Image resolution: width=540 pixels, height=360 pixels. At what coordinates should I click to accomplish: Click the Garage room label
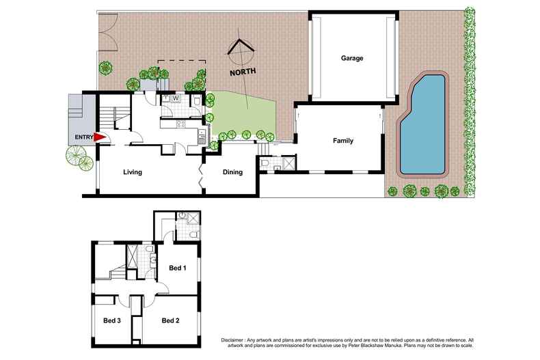click(351, 58)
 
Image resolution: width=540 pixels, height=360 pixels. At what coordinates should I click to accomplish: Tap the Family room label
click(342, 141)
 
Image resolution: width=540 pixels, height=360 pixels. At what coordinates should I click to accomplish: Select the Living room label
click(132, 172)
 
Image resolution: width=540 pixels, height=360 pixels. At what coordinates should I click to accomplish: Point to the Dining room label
click(232, 172)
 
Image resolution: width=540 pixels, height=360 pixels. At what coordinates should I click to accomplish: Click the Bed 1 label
click(177, 268)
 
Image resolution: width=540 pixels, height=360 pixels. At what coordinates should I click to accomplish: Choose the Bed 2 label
click(171, 320)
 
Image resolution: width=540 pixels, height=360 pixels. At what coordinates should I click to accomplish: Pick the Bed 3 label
click(113, 320)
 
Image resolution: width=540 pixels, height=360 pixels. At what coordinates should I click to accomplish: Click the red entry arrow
click(100, 137)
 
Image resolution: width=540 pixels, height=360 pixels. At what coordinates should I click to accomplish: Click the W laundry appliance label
click(176, 98)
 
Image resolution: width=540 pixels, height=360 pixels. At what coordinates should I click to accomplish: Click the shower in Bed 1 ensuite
click(192, 219)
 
